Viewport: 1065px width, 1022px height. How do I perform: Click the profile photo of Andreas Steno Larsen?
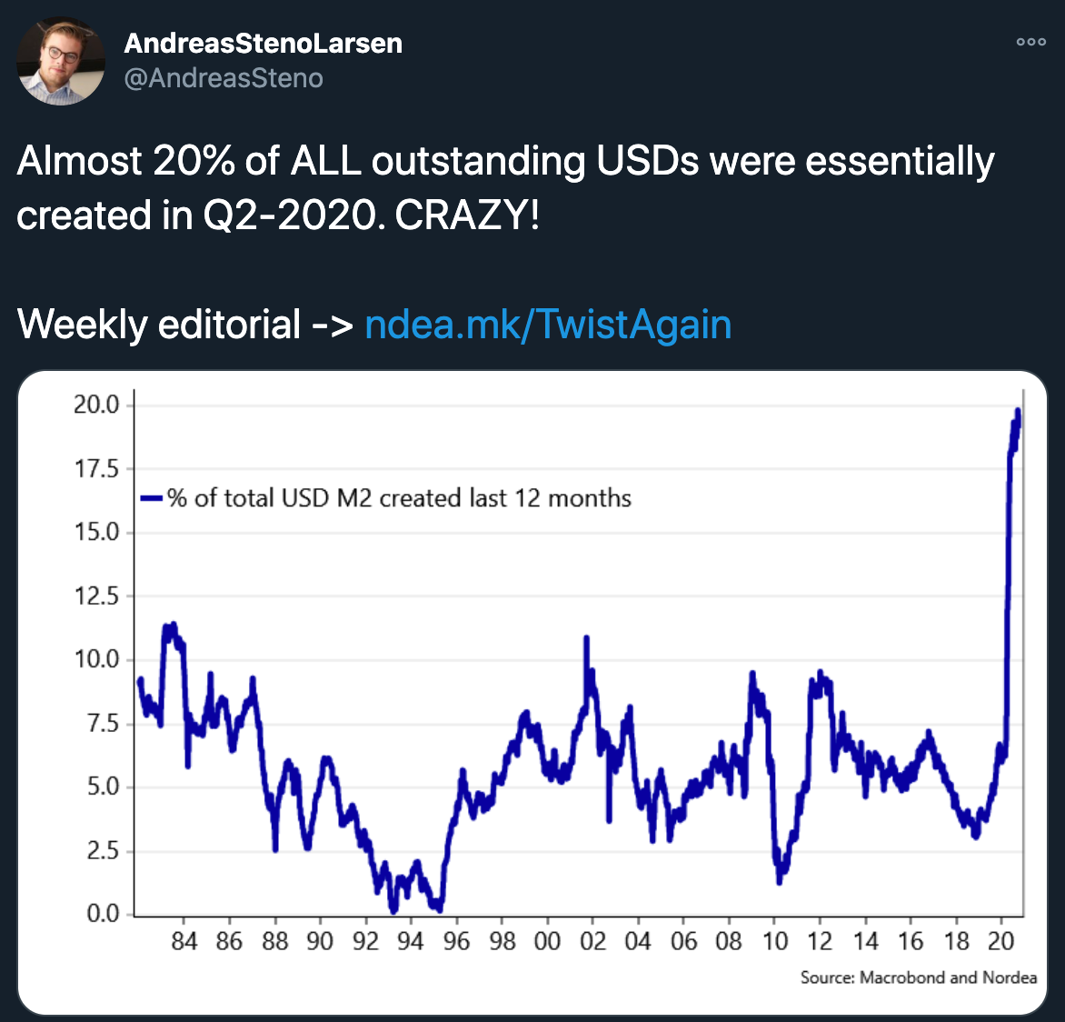[61, 61]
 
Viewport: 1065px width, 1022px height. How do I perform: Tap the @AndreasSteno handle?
[224, 78]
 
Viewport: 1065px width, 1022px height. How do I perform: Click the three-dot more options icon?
[1030, 42]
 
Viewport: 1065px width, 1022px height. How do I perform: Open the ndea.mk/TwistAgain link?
[547, 325]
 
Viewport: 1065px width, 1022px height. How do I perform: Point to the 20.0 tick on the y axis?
[97, 405]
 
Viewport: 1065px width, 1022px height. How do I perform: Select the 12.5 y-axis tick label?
[97, 596]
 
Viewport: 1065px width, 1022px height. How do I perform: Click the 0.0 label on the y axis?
[103, 913]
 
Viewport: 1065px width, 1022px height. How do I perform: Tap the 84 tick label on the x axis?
[184, 942]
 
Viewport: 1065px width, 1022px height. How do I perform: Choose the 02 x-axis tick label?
[592, 942]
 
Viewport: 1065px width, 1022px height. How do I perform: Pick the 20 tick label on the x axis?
[1000, 942]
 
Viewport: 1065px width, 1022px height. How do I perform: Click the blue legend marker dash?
[151, 497]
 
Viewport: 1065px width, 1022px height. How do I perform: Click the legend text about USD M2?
[399, 497]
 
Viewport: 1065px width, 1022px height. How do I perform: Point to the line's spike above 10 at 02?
[586, 638]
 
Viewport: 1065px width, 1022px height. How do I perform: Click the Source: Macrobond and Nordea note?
[918, 977]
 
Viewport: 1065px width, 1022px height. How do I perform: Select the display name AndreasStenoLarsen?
[263, 43]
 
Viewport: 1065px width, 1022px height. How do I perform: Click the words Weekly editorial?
[159, 325]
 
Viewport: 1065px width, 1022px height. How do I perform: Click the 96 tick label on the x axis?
[456, 942]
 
